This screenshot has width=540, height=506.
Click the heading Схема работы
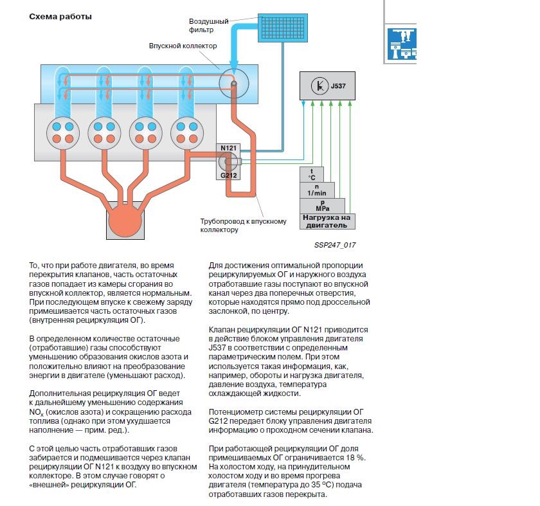tap(60, 17)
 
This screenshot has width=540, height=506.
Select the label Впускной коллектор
tap(183, 46)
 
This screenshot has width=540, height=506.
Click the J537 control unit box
tap(328, 86)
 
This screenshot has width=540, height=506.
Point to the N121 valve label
tap(229, 148)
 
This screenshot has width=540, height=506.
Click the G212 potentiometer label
tap(229, 174)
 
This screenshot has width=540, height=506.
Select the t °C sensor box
tap(312, 174)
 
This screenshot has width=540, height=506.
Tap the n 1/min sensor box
tap(316, 190)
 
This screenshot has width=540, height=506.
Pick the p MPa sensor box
tap(321, 205)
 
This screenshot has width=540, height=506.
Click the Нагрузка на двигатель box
tap(327, 221)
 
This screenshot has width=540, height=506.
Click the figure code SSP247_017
tap(335, 245)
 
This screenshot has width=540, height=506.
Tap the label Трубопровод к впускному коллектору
tap(242, 225)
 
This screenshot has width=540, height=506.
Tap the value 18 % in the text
tap(354, 457)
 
